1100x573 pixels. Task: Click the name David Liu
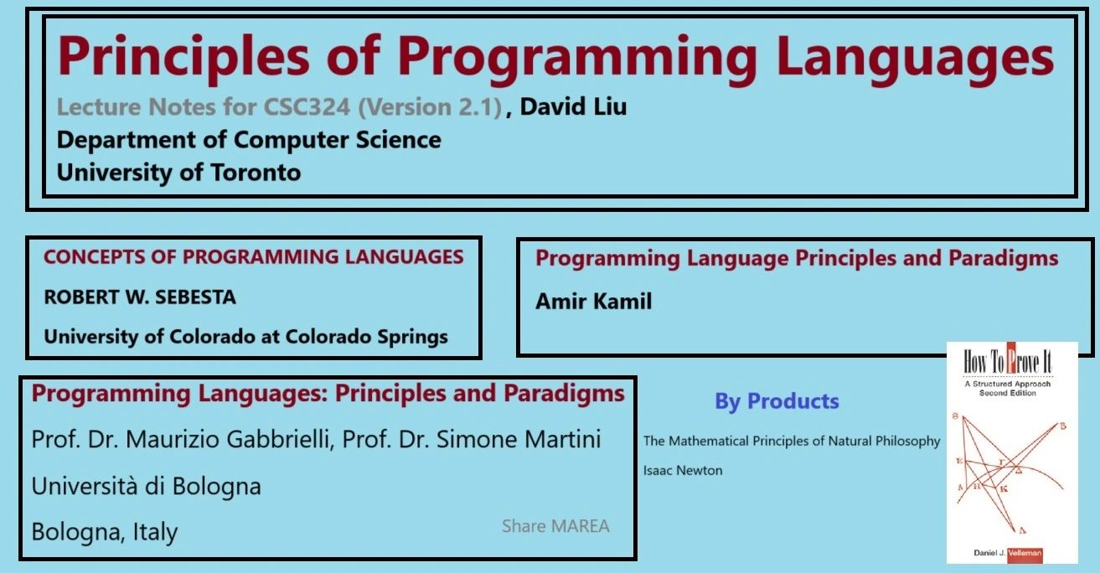point(573,106)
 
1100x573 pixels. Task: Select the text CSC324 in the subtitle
point(307,106)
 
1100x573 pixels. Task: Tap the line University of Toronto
point(178,173)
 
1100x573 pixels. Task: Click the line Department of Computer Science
point(249,140)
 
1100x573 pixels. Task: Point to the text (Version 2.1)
point(430,107)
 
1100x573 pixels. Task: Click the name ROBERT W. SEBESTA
point(140,297)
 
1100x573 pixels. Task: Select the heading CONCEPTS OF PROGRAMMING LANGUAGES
point(253,257)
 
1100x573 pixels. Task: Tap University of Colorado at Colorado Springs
point(246,337)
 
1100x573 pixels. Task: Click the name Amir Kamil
point(594,301)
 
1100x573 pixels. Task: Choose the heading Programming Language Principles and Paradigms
point(797,259)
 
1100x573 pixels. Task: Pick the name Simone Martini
point(519,439)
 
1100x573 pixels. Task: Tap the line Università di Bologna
point(147,486)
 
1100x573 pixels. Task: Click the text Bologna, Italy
point(105,532)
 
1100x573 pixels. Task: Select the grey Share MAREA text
point(555,526)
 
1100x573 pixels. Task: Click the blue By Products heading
point(777,401)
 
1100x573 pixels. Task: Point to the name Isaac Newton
point(683,471)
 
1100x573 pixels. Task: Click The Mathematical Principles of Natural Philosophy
point(792,441)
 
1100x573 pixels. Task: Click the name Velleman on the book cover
point(1025,553)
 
